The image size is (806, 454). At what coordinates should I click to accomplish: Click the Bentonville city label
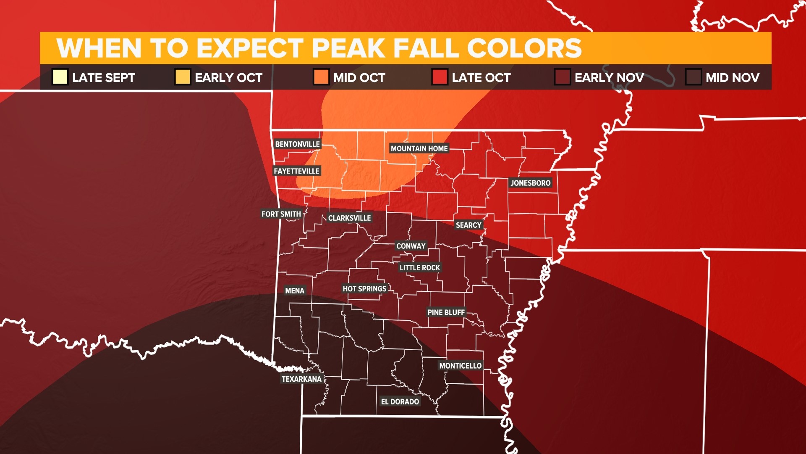[x=297, y=144]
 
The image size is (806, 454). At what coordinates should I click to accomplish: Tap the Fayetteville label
[x=296, y=171]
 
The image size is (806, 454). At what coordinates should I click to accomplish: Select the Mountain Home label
[x=419, y=148]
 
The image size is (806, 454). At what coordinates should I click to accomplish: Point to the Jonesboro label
[x=530, y=183]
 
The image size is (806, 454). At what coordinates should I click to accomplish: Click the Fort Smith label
[x=281, y=214]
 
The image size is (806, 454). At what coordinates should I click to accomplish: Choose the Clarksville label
[x=349, y=218]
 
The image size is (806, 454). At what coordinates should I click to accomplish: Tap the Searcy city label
[x=468, y=225]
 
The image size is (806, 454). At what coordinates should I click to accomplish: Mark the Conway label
[x=411, y=246]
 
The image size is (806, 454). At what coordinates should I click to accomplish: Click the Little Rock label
[x=419, y=267]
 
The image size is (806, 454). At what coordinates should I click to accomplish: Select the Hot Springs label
[x=364, y=289]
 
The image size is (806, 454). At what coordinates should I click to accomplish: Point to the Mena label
[x=294, y=290]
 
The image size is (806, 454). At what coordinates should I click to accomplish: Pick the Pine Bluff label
[x=446, y=312]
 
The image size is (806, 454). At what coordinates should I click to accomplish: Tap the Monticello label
[x=460, y=366]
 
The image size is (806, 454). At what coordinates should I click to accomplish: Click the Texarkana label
[x=301, y=379]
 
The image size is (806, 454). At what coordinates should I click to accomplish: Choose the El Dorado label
[x=400, y=401]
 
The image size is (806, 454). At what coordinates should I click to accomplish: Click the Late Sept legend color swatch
[x=60, y=77]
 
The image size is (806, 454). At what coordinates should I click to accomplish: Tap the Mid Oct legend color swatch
[x=321, y=77]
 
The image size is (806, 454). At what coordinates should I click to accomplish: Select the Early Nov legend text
[x=609, y=78]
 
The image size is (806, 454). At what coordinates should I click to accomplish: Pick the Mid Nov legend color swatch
[x=693, y=77]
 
